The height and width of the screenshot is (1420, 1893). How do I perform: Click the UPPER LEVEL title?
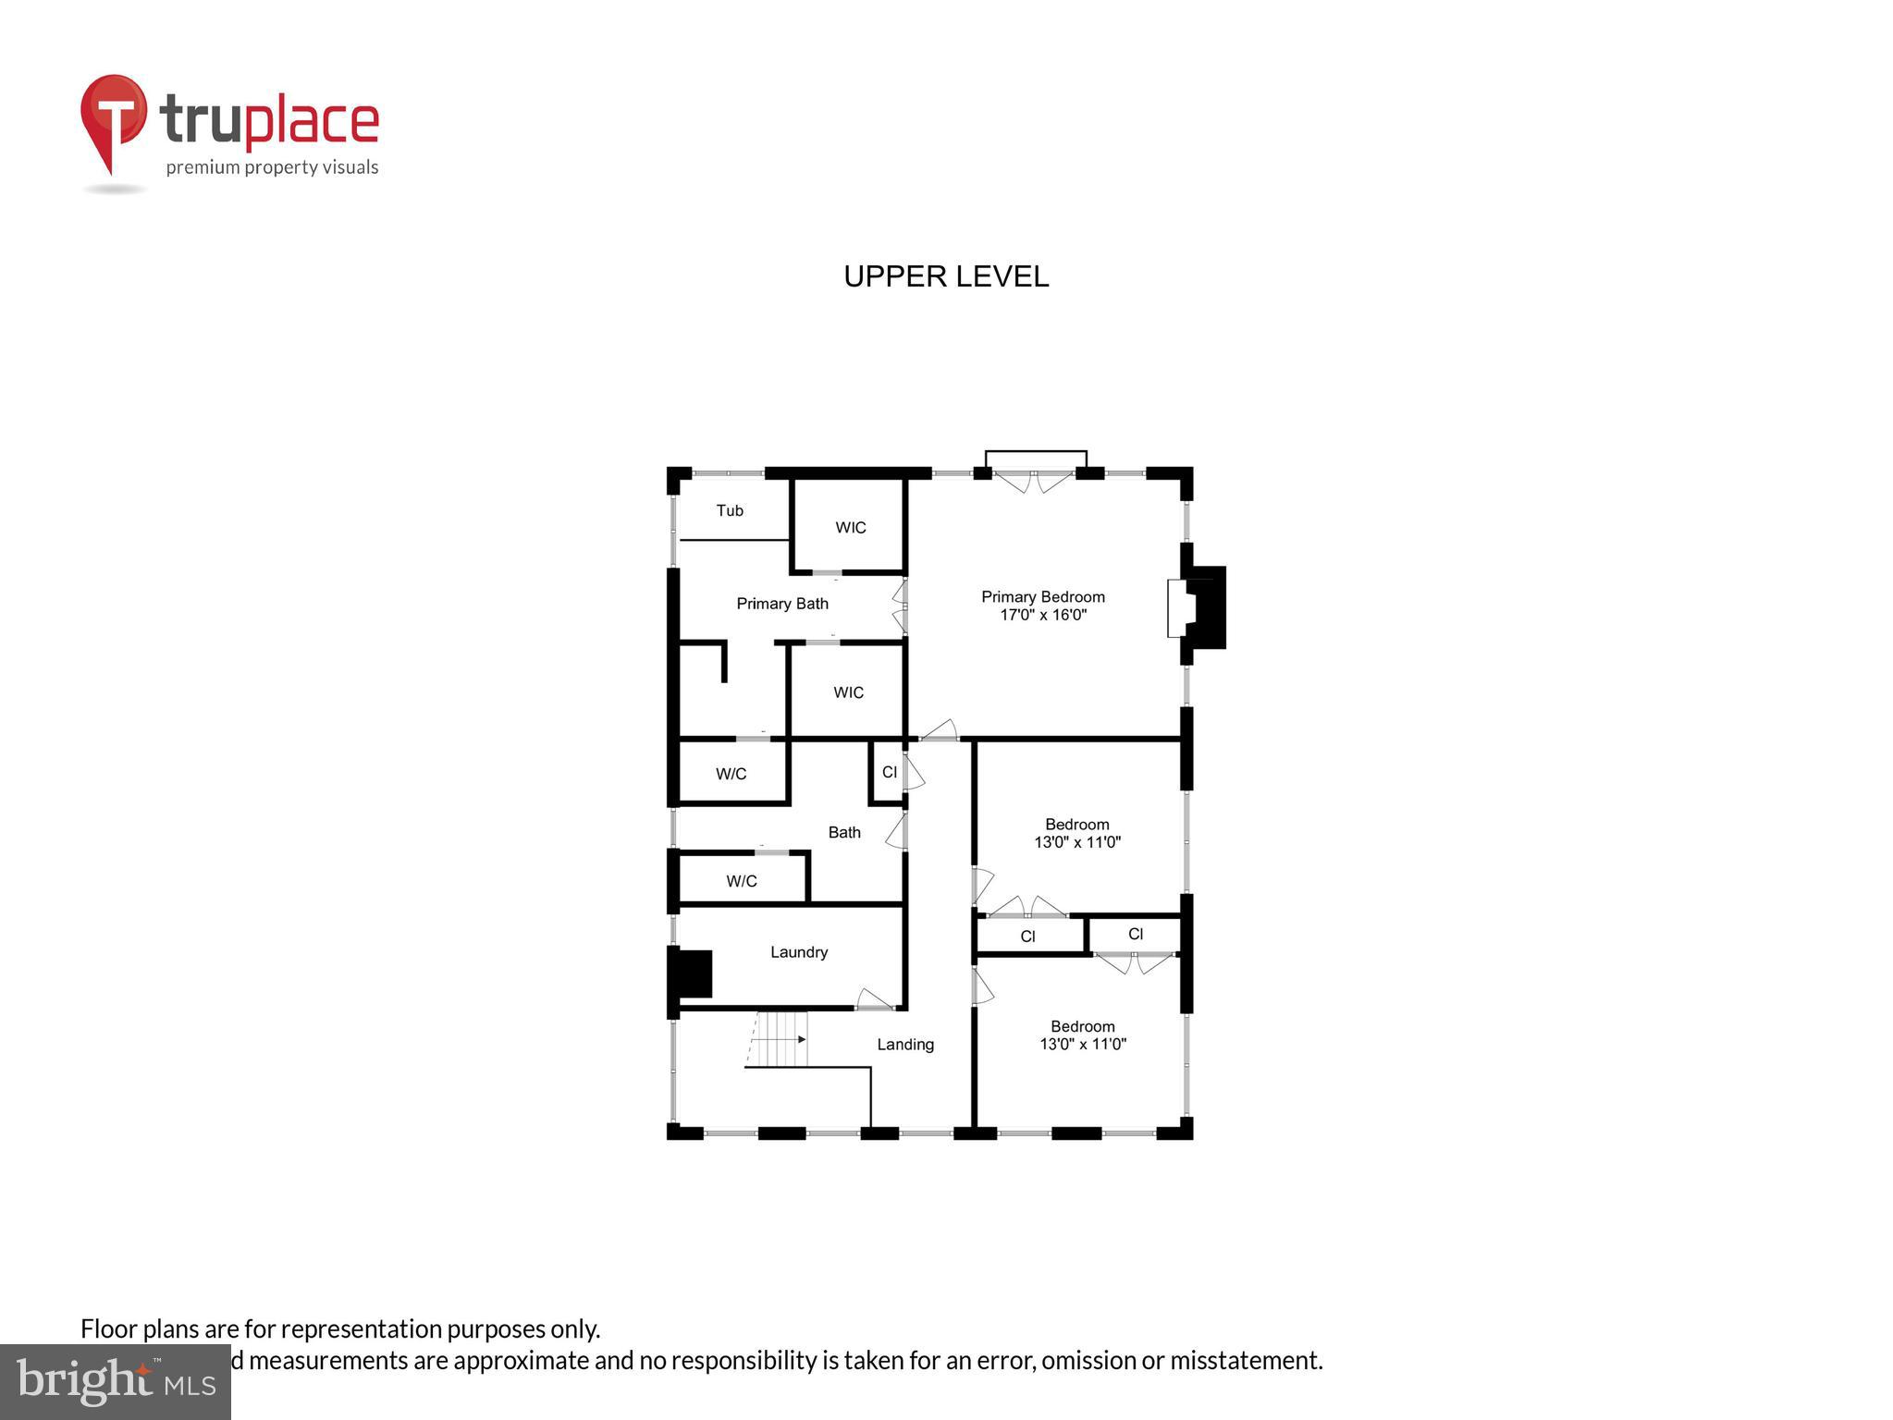point(946,276)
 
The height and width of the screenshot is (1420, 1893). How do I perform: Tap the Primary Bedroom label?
point(1042,597)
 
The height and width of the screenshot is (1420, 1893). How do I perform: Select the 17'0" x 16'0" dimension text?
point(1042,615)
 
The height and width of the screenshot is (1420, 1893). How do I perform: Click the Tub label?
point(730,510)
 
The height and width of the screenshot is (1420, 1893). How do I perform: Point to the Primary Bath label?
point(782,604)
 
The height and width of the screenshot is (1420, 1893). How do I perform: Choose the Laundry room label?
point(799,952)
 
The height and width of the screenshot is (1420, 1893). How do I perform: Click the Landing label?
point(905,1045)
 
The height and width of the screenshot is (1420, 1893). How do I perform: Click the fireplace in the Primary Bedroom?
point(1198,607)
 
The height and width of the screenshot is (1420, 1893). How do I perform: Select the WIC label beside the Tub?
point(851,528)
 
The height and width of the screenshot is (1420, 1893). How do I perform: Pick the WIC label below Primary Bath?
point(848,692)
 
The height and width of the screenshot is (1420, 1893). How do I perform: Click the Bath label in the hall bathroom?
point(844,833)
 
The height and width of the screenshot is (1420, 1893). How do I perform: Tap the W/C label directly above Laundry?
point(742,881)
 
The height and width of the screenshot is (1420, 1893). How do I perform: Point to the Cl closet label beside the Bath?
point(890,772)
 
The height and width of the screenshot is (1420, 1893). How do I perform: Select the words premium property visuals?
point(272,167)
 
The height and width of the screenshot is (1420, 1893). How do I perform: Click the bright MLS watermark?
point(116,1382)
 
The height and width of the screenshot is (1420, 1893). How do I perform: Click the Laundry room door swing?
point(873,999)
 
